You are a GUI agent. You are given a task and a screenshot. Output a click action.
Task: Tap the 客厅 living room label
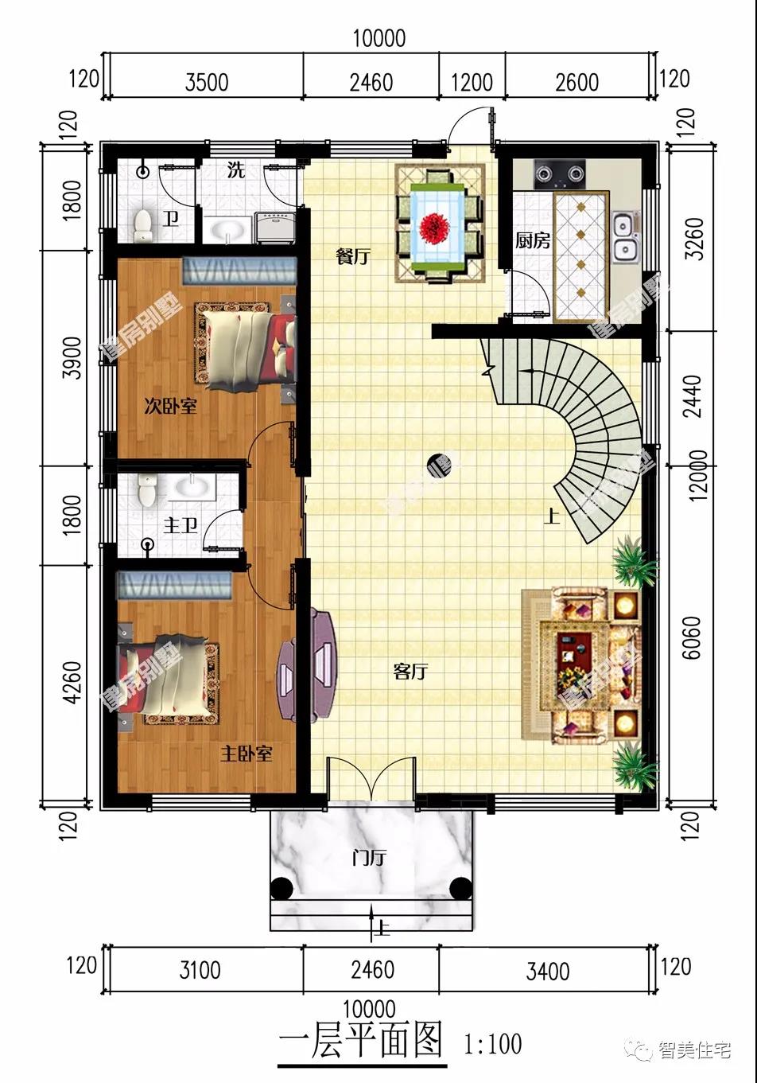pos(410,671)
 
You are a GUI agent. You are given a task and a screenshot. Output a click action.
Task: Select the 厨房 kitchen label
pos(532,240)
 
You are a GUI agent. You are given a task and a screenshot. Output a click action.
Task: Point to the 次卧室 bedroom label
pos(170,406)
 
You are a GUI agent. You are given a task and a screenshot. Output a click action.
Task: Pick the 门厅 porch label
pos(369,858)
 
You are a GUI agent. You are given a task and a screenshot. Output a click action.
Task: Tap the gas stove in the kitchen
pos(560,174)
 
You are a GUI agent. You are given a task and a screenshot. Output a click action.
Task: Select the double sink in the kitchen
pos(627,237)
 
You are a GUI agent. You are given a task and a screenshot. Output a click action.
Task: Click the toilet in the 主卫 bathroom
pos(146,489)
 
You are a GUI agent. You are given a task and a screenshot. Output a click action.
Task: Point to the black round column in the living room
pos(437,465)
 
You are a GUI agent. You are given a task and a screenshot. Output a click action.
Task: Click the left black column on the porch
pos(281,889)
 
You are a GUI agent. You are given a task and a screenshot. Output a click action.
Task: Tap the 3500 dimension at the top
pos(207,82)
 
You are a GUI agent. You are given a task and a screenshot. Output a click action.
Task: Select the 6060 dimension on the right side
pos(693,637)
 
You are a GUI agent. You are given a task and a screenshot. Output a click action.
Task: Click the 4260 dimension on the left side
pos(72,683)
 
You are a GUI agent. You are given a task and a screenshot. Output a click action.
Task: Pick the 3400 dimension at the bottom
pos(548,972)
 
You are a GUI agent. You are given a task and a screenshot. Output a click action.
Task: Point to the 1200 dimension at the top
pos(472,82)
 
